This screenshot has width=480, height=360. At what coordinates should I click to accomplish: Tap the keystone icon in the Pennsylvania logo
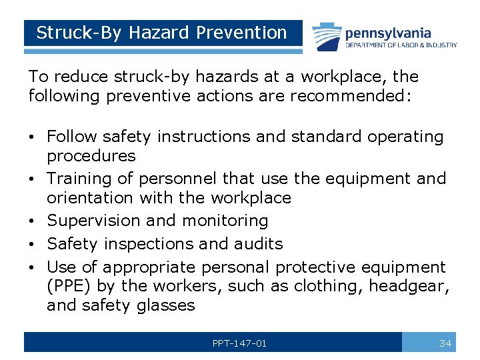(325, 35)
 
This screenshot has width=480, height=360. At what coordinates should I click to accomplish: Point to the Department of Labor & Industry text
(401, 45)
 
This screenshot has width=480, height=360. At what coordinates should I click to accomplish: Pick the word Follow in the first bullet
(73, 137)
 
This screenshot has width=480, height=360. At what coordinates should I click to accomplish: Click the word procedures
(91, 156)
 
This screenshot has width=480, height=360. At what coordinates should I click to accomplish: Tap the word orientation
(90, 198)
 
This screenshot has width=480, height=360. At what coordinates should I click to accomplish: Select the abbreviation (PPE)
(71, 287)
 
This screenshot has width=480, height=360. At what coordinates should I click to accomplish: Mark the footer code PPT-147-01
(239, 343)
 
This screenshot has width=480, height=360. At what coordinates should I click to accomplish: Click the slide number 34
(445, 343)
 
